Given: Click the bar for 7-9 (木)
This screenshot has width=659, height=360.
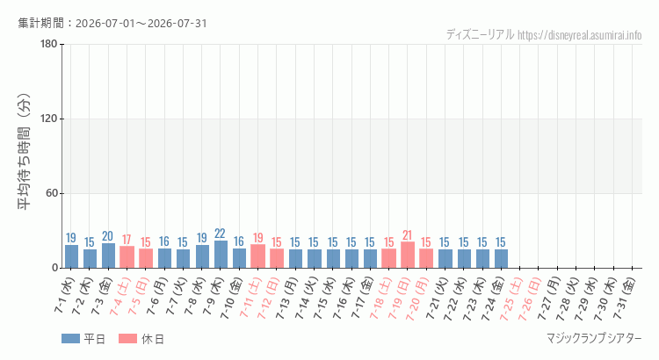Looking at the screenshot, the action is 221,254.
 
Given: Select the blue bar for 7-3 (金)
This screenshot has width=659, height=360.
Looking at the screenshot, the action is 108,256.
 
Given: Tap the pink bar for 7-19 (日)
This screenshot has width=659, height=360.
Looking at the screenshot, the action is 408,255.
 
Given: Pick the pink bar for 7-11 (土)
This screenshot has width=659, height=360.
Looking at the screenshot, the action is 258,256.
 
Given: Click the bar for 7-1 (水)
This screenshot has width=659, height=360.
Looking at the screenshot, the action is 71,256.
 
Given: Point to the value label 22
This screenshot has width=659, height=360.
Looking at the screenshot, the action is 220,234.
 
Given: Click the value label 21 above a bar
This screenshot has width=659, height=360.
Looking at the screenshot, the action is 407,234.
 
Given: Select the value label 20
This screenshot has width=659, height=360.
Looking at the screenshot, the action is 107,236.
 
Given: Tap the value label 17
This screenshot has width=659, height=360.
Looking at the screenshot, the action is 127,240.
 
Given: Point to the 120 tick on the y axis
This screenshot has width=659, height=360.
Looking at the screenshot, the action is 48,119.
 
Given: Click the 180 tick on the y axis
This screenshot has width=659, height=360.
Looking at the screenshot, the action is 48,44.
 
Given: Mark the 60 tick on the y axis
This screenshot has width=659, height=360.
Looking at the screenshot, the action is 52,193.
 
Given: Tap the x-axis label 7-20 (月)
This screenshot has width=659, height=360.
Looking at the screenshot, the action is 417,299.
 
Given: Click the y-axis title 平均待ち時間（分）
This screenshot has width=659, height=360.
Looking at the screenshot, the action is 24,152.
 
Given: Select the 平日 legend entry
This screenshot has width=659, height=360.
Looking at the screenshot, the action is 83,339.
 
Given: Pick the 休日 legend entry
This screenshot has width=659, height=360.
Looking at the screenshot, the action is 141,339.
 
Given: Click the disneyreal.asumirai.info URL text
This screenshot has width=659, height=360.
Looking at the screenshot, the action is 580,35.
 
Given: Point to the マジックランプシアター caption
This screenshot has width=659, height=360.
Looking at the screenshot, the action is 594,338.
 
